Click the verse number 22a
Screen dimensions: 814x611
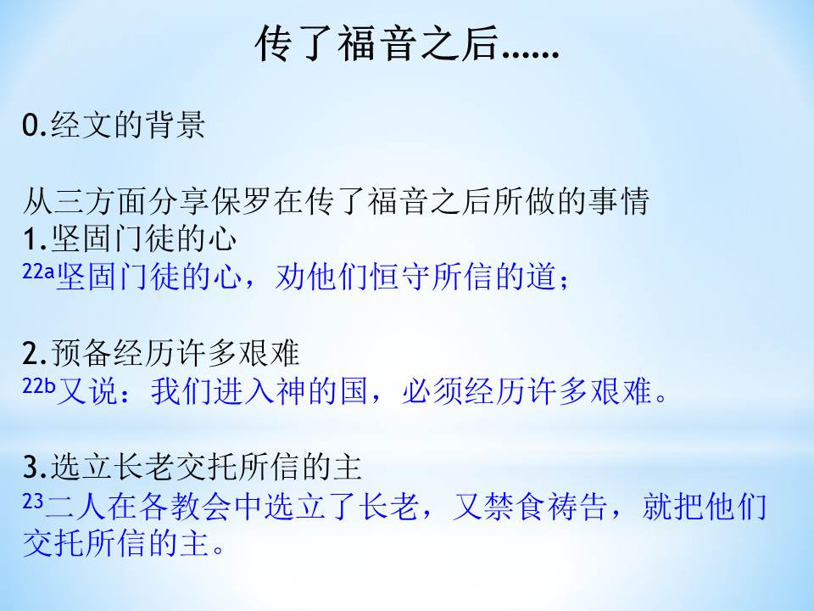click(38, 272)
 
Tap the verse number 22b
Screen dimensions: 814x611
click(38, 385)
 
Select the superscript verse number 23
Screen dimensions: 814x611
click(32, 501)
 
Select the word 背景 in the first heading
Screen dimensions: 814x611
click(175, 126)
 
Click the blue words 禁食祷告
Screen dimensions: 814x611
click(529, 506)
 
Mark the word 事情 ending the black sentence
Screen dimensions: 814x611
click(619, 202)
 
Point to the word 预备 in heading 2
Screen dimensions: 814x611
click(81, 353)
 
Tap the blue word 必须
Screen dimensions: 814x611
click(433, 390)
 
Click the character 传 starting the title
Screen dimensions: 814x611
click(274, 43)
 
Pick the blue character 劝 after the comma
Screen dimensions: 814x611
click(290, 276)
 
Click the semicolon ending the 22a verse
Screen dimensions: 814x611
click(565, 281)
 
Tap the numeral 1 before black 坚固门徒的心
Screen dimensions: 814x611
click(29, 239)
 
